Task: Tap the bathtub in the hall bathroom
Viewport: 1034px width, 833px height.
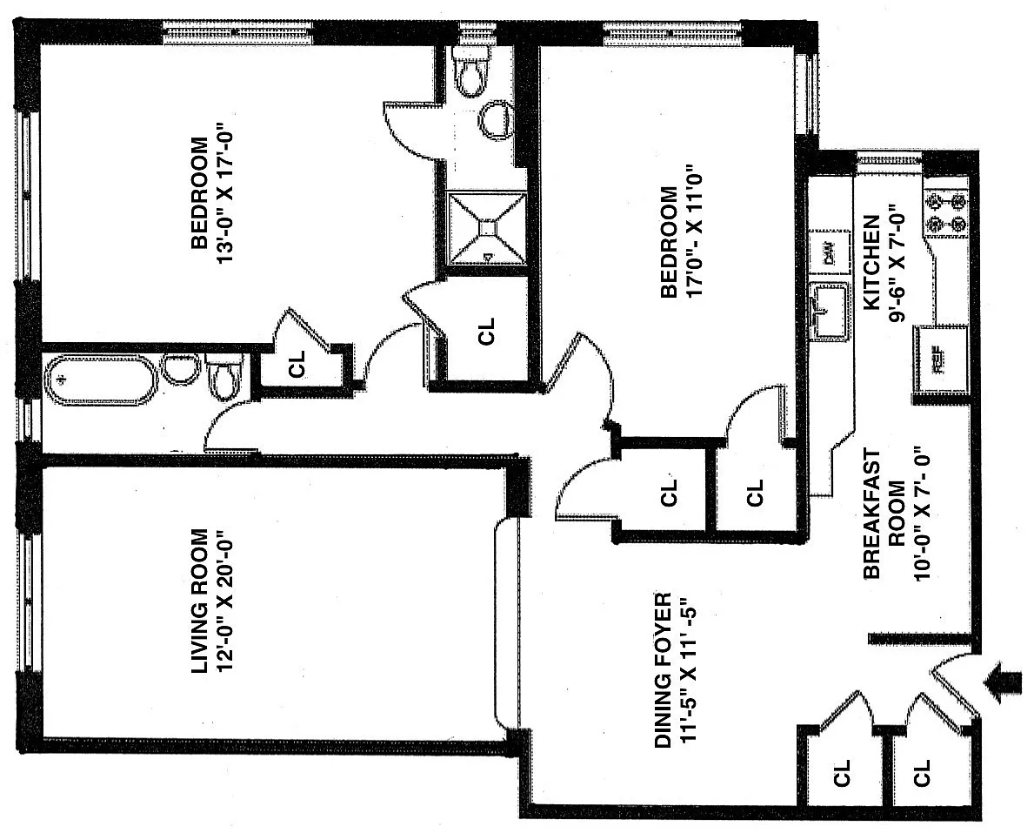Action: coord(101,380)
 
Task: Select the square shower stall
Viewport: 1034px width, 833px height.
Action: coord(487,227)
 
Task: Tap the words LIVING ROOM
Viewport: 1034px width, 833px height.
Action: coord(199,601)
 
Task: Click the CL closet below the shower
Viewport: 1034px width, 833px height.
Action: coord(487,331)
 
